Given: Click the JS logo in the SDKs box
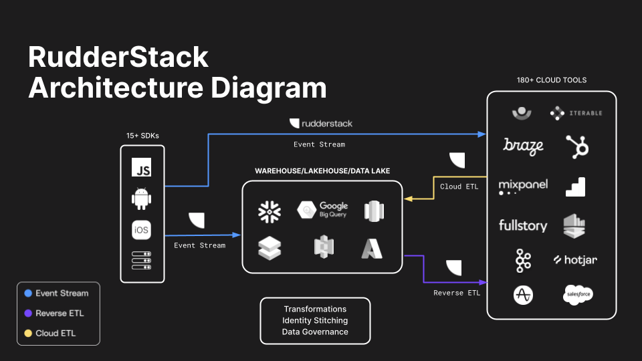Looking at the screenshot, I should click(141, 167).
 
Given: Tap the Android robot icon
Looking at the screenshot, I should click(141, 199).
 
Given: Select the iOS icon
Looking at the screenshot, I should click(141, 230).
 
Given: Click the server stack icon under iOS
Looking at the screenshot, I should click(141, 260).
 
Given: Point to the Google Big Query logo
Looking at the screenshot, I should click(324, 210).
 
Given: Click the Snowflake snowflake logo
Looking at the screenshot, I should click(270, 211).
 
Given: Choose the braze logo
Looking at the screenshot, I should click(523, 146).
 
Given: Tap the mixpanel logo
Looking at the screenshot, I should click(523, 185).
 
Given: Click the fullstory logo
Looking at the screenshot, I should click(523, 225).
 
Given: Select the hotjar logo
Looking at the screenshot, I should click(575, 259).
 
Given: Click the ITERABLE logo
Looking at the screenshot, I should click(576, 114).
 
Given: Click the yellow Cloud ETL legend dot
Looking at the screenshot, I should click(28, 333).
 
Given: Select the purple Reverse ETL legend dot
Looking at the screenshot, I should click(28, 313).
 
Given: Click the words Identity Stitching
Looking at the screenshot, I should click(315, 320).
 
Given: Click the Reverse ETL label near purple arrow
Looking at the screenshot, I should click(456, 293).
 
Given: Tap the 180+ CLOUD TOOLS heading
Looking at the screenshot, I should click(552, 80).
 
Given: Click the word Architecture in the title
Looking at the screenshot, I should click(110, 88).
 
